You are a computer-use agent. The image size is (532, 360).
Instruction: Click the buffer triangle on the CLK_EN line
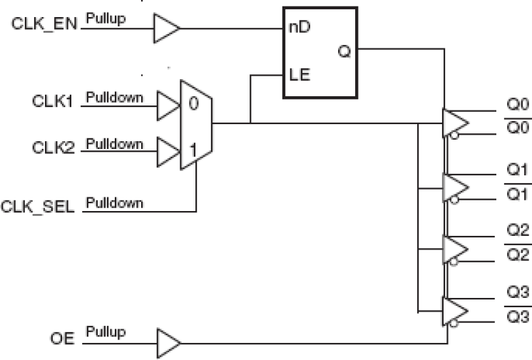point(167,28)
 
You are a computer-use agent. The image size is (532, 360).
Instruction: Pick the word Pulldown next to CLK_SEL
point(114,203)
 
